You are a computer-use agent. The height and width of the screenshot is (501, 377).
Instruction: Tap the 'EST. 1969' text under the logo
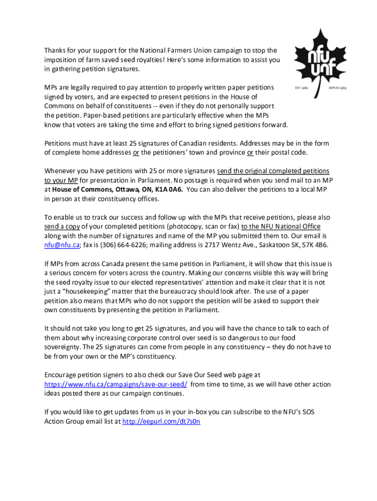coord(301,88)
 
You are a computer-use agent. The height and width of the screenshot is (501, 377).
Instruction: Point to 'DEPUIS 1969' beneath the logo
coord(338,88)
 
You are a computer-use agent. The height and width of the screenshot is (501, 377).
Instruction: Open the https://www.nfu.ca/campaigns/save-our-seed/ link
coord(116,385)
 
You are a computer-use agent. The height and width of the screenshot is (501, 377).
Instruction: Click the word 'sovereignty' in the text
coord(63,347)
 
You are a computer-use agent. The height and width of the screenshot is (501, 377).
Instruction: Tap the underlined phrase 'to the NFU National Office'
coord(281,226)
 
